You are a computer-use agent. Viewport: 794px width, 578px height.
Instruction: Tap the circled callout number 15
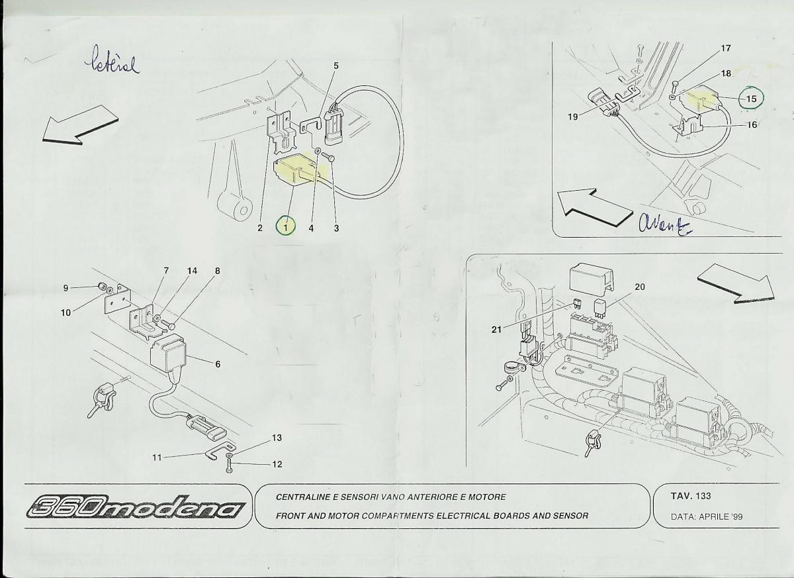(751, 99)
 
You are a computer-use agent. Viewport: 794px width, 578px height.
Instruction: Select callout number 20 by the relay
(640, 287)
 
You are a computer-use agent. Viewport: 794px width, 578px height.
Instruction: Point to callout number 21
(497, 330)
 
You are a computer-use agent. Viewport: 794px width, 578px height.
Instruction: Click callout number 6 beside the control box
(218, 364)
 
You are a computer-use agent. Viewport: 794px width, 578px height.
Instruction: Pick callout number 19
(573, 117)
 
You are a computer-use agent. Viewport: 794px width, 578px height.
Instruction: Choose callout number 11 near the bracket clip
(157, 458)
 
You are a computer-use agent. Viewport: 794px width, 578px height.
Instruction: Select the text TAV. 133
(691, 496)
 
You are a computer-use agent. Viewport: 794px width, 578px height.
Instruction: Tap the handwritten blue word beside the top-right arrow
(665, 224)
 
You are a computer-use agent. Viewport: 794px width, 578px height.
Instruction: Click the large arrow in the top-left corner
(80, 124)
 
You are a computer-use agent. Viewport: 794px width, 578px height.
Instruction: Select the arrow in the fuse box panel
(736, 289)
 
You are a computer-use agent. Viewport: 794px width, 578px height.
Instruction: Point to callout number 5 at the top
(336, 66)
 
